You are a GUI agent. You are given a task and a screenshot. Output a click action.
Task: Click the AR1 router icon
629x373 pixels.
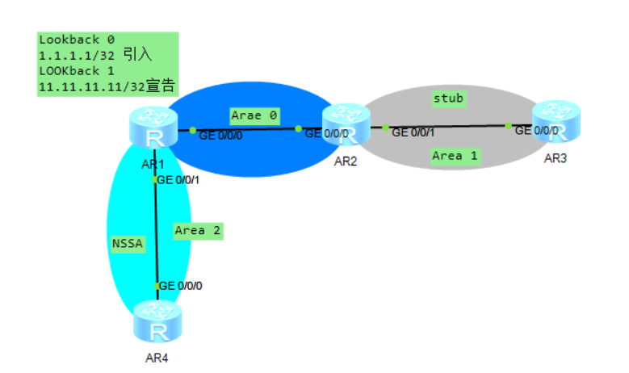tap(153, 130)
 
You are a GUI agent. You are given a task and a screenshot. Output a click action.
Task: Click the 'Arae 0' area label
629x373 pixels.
tap(254, 115)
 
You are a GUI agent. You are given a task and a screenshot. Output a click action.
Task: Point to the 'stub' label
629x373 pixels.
tap(449, 98)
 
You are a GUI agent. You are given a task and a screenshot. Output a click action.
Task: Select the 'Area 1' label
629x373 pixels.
tap(454, 155)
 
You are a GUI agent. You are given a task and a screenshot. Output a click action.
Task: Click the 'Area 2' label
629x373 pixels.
tap(198, 231)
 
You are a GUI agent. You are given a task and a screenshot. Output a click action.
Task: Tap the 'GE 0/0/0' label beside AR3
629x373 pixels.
tap(536, 130)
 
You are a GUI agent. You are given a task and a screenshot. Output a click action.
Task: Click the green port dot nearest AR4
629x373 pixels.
tap(156, 286)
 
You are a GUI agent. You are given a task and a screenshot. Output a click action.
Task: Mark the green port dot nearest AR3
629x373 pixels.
tap(509, 126)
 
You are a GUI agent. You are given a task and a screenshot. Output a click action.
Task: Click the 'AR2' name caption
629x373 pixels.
tap(346, 160)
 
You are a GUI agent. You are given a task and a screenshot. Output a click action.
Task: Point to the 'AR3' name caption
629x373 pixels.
tap(555, 157)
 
